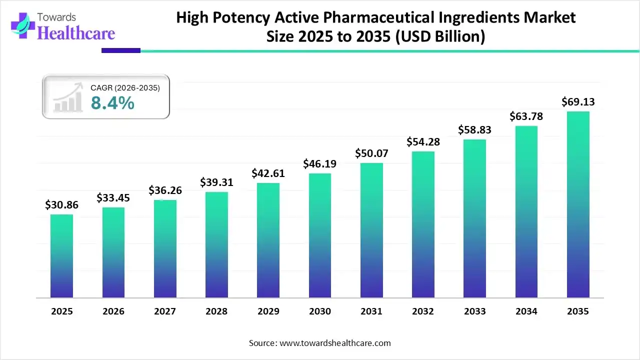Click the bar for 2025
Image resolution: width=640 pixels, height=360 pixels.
click(x=61, y=256)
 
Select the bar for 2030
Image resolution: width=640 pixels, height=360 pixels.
click(x=319, y=235)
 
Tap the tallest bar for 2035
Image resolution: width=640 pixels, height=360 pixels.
click(x=578, y=204)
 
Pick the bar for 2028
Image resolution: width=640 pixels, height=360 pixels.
click(x=216, y=245)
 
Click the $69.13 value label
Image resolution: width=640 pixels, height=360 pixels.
click(x=578, y=102)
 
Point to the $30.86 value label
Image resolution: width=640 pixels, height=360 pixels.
click(x=61, y=204)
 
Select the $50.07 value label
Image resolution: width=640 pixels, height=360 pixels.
click(x=371, y=153)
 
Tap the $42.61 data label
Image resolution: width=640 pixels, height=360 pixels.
click(x=268, y=173)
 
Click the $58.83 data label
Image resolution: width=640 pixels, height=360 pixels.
click(x=474, y=130)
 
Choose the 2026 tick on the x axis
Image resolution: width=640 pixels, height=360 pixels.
click(x=113, y=311)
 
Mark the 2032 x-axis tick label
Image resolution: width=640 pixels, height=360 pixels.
click(x=423, y=311)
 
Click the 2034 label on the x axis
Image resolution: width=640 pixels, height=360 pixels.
click(x=526, y=311)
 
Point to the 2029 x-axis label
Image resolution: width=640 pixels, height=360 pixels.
click(x=268, y=311)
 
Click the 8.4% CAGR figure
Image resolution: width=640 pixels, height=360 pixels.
click(x=112, y=103)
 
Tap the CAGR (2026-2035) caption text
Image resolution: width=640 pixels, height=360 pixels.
click(x=125, y=88)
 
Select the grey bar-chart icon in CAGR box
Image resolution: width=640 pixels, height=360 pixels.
click(x=68, y=99)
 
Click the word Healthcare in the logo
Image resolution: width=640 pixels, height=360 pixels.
click(x=76, y=33)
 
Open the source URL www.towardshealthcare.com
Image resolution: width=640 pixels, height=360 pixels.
click(x=333, y=343)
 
